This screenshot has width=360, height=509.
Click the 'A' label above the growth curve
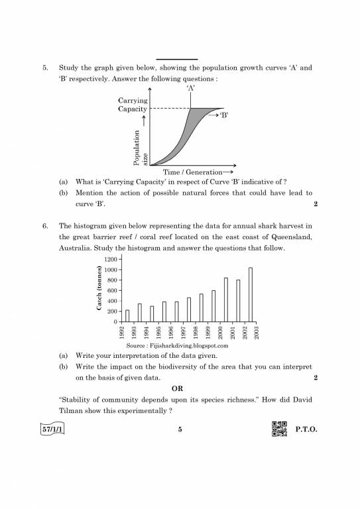[x=191, y=87]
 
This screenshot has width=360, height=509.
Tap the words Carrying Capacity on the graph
[x=133, y=105]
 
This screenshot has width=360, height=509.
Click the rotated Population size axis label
[x=140, y=150]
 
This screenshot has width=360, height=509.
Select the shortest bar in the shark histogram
[x=127, y=315]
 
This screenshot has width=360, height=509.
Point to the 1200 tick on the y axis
[x=109, y=259]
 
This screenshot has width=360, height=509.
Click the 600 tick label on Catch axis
[x=111, y=290]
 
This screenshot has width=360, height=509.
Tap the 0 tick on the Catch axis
[x=115, y=321]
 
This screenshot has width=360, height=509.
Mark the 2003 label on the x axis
[x=257, y=331]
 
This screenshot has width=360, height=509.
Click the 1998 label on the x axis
[x=196, y=331]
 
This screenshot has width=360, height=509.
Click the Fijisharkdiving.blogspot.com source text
[x=176, y=345]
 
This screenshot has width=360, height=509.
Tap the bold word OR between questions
[x=178, y=388]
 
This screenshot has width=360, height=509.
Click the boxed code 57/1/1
[x=55, y=429]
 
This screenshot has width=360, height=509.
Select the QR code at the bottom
[x=279, y=429]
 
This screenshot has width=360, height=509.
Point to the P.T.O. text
[x=307, y=430]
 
